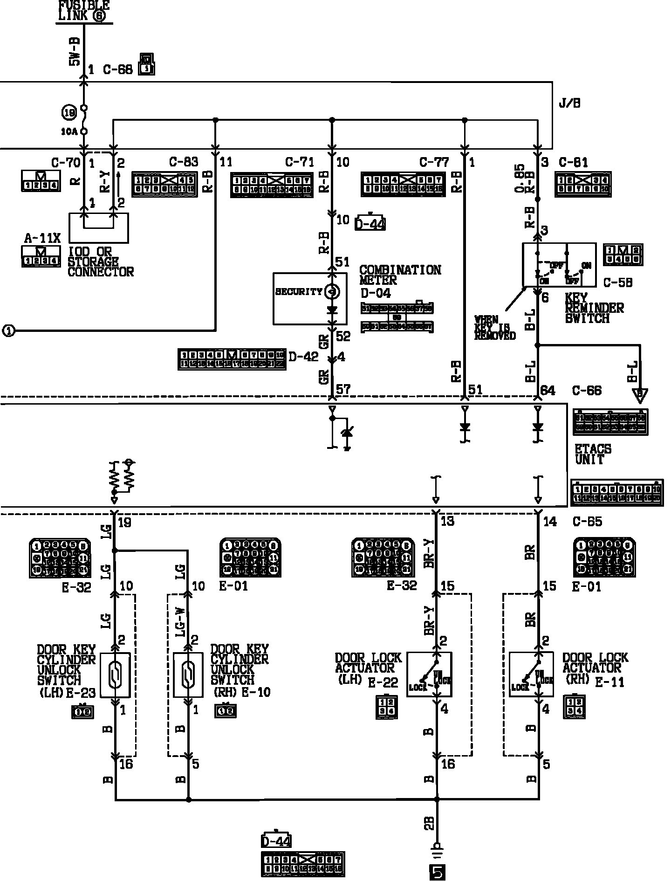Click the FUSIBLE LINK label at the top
[84, 10]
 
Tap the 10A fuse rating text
[68, 132]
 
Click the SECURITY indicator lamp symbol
[332, 292]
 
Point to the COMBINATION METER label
[400, 275]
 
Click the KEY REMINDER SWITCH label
[594, 308]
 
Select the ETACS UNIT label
[593, 454]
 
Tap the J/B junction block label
[569, 103]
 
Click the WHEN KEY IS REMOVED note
[495, 327]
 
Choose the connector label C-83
[184, 162]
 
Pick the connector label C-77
[434, 162]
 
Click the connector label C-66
[587, 391]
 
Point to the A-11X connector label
[42, 239]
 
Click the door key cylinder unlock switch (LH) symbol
[115, 675]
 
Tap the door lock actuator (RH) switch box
[531, 674]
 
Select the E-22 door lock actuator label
[383, 683]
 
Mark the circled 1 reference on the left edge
[8, 331]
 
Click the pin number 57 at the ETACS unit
[343, 389]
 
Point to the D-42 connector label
[303, 357]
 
